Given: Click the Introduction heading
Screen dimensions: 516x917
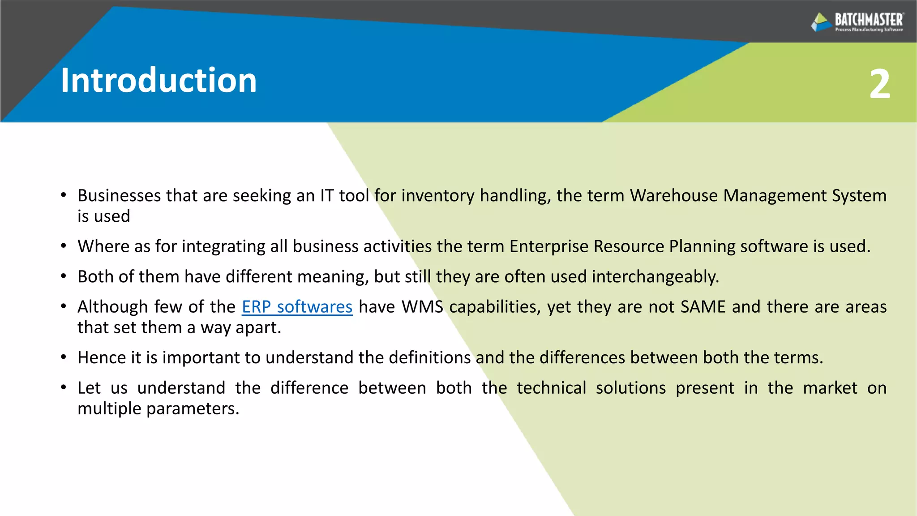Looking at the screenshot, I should click(159, 81).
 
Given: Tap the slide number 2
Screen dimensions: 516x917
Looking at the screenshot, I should click(879, 84).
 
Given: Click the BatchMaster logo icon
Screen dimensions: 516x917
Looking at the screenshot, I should click(821, 21).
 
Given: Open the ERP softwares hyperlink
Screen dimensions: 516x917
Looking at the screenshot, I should click(297, 307).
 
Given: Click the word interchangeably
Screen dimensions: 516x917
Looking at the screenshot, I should click(655, 277).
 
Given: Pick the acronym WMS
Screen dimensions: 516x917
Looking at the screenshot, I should click(422, 307).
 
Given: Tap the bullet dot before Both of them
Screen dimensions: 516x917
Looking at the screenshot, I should click(64, 277).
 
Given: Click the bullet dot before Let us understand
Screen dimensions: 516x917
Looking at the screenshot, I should click(64, 388).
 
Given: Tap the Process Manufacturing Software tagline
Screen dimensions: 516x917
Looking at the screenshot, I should click(869, 30).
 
